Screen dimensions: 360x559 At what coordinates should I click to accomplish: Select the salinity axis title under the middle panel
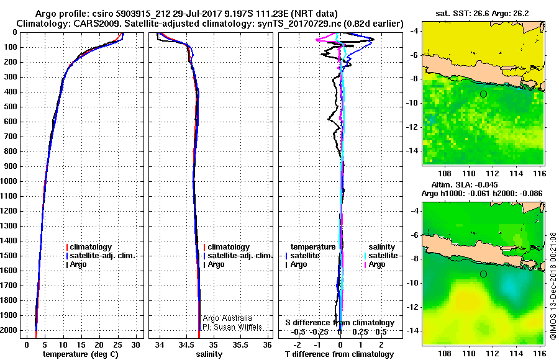[209, 354]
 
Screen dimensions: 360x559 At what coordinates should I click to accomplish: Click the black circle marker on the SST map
[483, 94]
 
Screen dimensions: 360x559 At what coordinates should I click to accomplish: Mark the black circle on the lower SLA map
[483, 274]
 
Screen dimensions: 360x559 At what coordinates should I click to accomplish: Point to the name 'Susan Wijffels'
[242, 327]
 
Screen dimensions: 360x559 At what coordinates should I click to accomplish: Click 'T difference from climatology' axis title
[340, 354]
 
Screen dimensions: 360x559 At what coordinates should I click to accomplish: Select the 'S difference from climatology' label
[340, 323]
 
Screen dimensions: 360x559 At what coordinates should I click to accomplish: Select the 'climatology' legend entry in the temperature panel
[90, 247]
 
